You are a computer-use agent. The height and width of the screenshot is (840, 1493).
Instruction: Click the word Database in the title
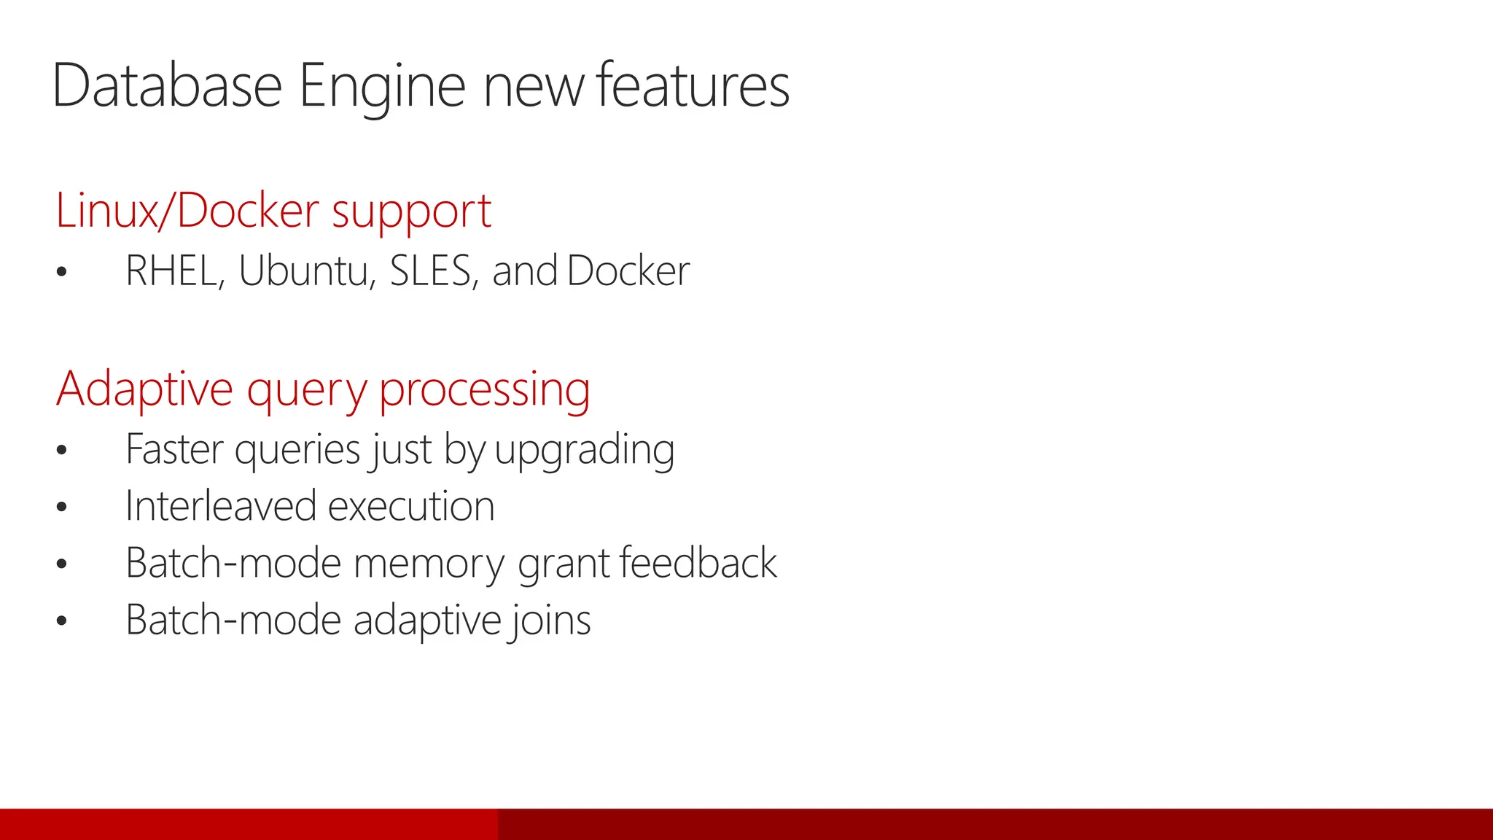tap(167, 86)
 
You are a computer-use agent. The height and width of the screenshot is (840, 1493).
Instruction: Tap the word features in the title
tap(693, 86)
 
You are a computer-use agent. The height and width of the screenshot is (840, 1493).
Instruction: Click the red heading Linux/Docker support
tap(273, 211)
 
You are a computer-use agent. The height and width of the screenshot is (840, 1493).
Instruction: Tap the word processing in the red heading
tap(484, 390)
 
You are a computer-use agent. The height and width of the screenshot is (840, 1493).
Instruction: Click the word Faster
tap(174, 449)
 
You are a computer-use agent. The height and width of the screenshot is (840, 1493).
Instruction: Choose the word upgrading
tap(584, 451)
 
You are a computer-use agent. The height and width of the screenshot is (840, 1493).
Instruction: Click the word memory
tap(429, 564)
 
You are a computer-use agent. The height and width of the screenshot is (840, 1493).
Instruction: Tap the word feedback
tap(698, 563)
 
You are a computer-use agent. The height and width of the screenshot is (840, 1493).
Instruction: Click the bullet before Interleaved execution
tap(61, 507)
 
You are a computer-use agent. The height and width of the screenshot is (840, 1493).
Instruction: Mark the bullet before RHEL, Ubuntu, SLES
tap(61, 273)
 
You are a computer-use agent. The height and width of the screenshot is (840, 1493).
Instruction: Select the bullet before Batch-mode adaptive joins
tap(61, 621)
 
